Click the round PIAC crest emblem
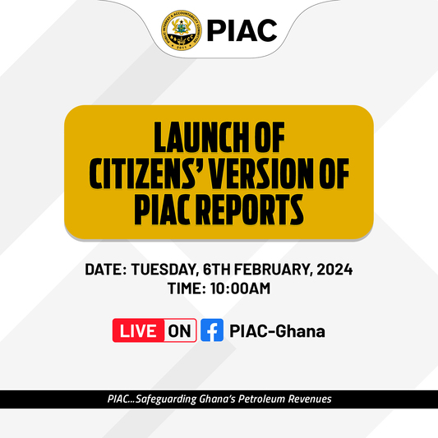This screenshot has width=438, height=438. [182, 30]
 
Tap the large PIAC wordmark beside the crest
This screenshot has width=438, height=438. [242, 30]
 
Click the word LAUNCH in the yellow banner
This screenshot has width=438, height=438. [201, 137]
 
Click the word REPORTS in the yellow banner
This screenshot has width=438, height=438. [250, 210]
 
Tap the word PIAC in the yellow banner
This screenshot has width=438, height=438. [163, 210]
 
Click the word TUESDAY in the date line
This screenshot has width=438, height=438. [164, 270]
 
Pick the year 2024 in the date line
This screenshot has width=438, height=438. [334, 270]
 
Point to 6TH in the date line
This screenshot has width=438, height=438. [216, 270]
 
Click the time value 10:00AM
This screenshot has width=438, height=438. [240, 288]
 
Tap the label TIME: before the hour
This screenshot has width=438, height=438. [187, 288]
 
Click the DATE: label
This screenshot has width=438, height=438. [105, 270]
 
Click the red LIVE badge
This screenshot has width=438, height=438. [138, 330]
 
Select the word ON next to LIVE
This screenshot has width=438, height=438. [179, 331]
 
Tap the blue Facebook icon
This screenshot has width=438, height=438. [212, 330]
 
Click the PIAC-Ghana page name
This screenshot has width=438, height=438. [277, 331]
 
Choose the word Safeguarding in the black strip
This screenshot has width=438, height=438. [166, 399]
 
